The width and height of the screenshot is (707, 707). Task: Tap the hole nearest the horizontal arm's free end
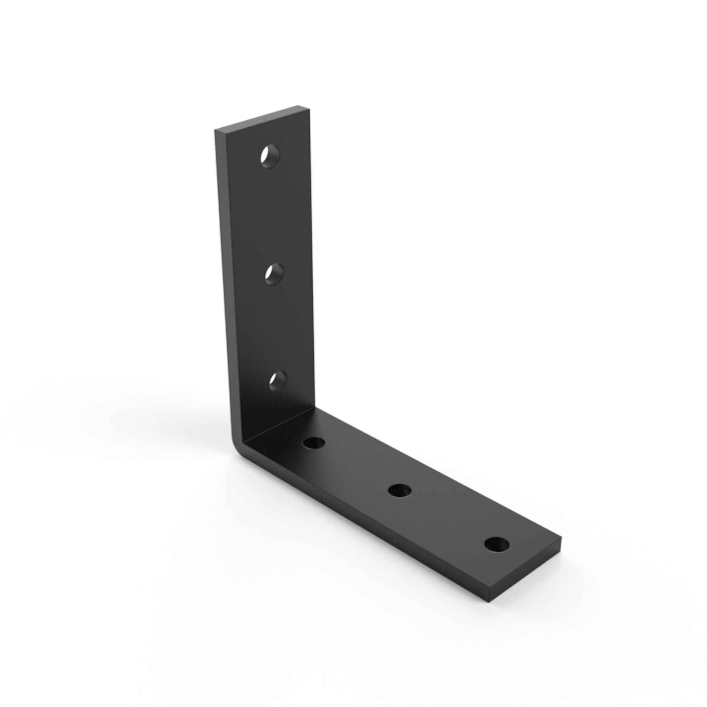495,544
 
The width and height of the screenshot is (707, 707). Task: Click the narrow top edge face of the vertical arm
261,118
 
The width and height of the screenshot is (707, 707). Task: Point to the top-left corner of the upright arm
216,131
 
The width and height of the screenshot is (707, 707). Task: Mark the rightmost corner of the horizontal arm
561,540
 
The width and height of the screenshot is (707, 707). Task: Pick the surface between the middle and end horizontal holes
446,517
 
